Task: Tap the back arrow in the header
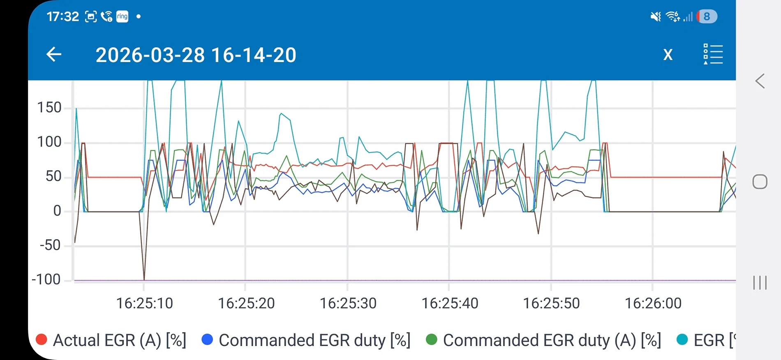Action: (x=54, y=54)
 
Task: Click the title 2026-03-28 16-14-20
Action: (x=196, y=55)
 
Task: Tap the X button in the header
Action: (x=668, y=55)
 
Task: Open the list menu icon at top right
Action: (x=713, y=54)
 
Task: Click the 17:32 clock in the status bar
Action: (x=62, y=16)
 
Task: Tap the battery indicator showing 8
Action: (x=707, y=16)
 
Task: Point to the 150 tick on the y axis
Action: (x=49, y=108)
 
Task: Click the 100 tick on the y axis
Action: (x=49, y=142)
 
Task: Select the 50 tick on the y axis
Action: (x=53, y=176)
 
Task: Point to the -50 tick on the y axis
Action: (x=51, y=245)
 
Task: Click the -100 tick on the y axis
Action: (x=46, y=280)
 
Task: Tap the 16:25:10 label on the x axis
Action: (x=145, y=303)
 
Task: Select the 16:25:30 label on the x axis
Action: (x=348, y=303)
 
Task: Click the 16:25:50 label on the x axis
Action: (x=551, y=303)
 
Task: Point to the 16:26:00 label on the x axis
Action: (x=653, y=303)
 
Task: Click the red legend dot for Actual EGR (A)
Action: (x=42, y=339)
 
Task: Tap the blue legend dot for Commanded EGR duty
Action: (x=208, y=339)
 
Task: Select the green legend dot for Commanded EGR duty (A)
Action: (x=432, y=339)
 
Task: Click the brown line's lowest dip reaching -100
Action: (x=144, y=279)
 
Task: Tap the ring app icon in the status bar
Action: (x=122, y=16)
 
